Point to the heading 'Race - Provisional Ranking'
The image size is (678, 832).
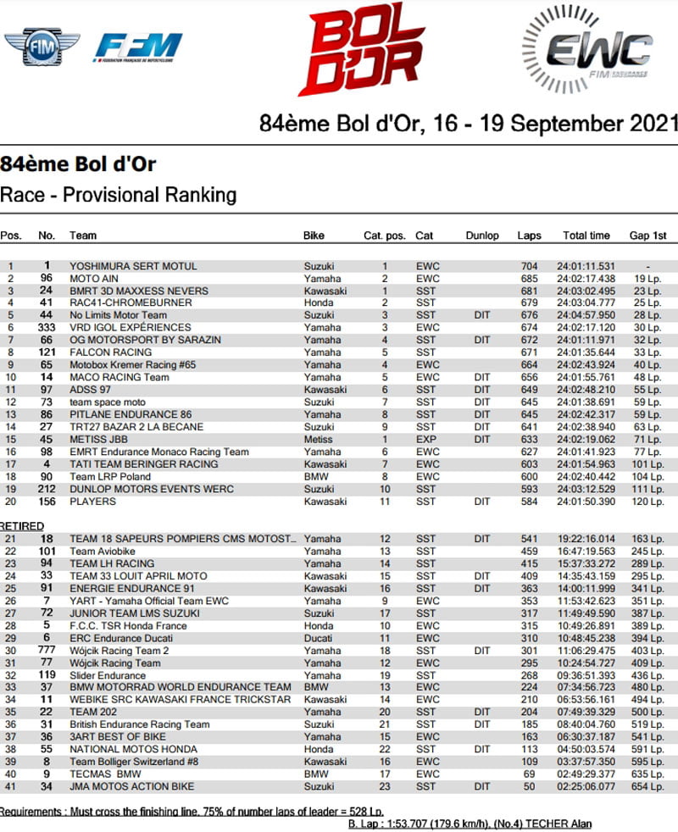[118, 195]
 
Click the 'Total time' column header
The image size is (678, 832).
[586, 236]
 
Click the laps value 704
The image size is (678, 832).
[530, 266]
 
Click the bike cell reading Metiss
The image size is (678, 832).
[317, 439]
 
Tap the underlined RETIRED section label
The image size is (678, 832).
[22, 526]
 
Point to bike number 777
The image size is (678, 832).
[47, 651]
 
